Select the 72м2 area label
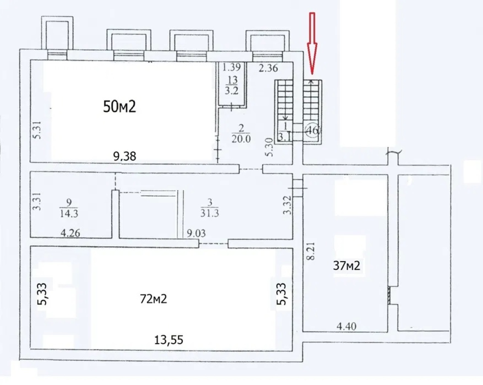click(x=154, y=299)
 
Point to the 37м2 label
click(x=347, y=266)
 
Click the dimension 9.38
click(x=125, y=156)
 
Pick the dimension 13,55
click(x=168, y=340)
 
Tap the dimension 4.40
click(x=347, y=326)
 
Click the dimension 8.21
click(x=312, y=251)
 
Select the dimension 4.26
click(x=70, y=233)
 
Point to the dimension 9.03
click(x=197, y=233)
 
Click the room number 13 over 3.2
click(x=232, y=85)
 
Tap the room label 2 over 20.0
click(x=241, y=134)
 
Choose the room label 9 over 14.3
click(x=69, y=208)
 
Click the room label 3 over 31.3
click(x=210, y=208)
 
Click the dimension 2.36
click(x=268, y=68)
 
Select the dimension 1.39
click(x=232, y=67)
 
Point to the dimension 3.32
click(x=287, y=205)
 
